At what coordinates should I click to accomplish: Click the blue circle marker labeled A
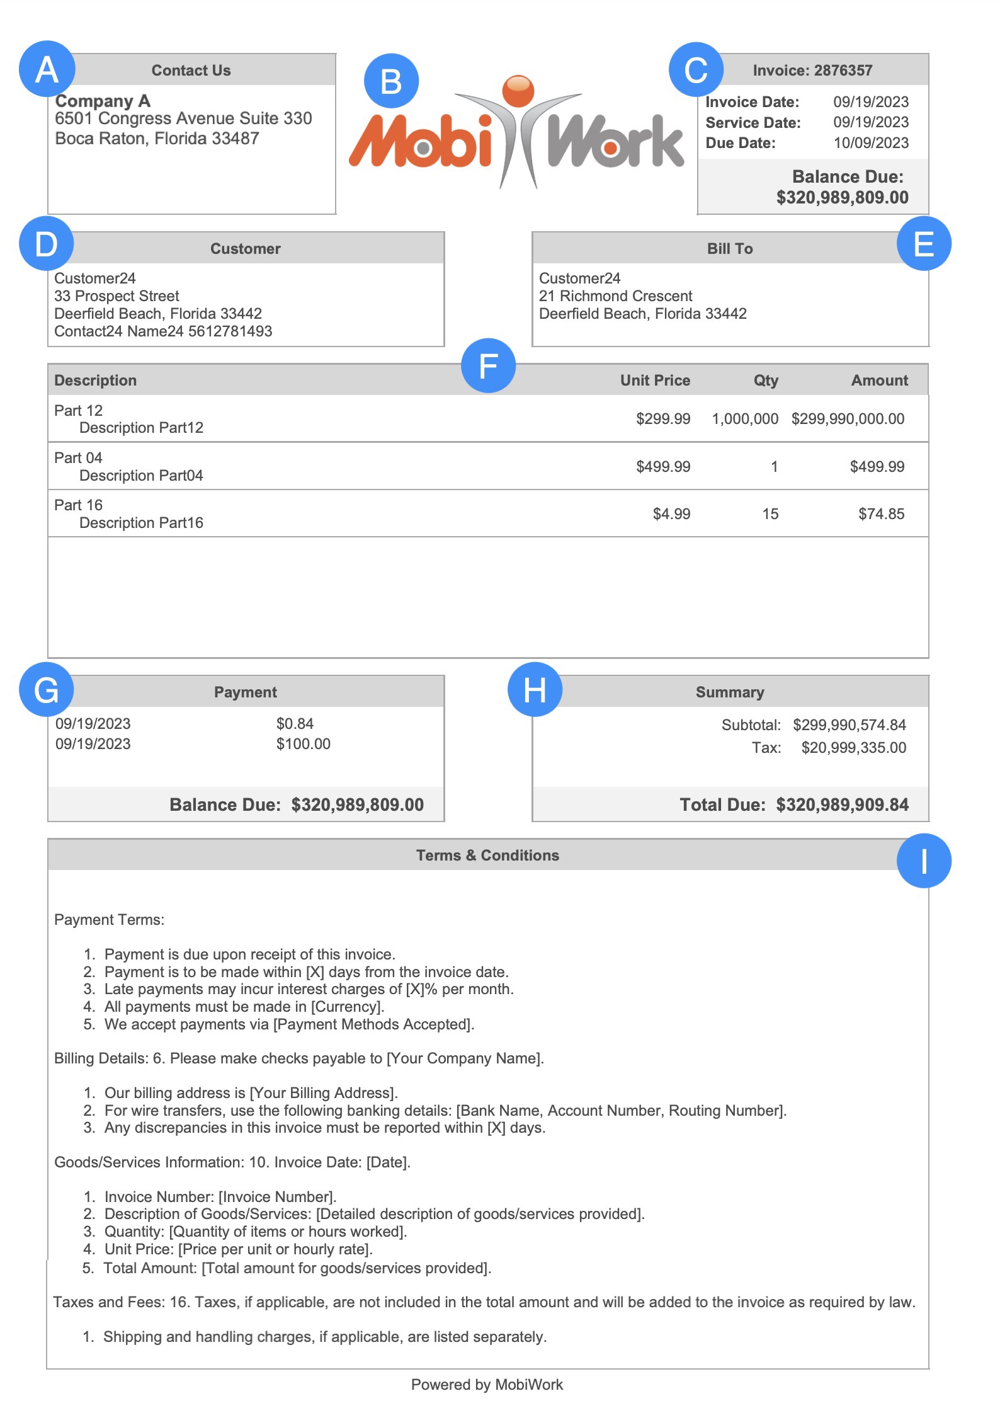47,69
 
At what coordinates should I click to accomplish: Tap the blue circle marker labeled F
488,365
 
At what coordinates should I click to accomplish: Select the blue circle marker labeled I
923,861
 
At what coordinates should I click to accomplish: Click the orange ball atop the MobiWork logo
518,90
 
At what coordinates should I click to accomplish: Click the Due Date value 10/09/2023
871,143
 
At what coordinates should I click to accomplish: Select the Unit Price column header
655,381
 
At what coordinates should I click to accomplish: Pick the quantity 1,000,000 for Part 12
745,419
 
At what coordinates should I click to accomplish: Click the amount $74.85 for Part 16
881,514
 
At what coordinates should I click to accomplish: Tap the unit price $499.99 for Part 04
663,467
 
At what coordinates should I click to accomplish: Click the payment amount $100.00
303,744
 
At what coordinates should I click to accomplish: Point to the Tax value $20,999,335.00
853,748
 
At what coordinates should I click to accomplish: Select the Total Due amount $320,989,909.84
842,804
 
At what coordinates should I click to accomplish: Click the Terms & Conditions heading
487,855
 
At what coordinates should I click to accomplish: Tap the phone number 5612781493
230,331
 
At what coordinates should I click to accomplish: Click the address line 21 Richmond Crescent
615,296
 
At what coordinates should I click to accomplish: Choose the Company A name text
103,101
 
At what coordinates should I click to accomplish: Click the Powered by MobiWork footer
487,1384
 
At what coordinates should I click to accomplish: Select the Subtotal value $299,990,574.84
849,725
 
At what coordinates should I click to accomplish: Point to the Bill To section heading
729,249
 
